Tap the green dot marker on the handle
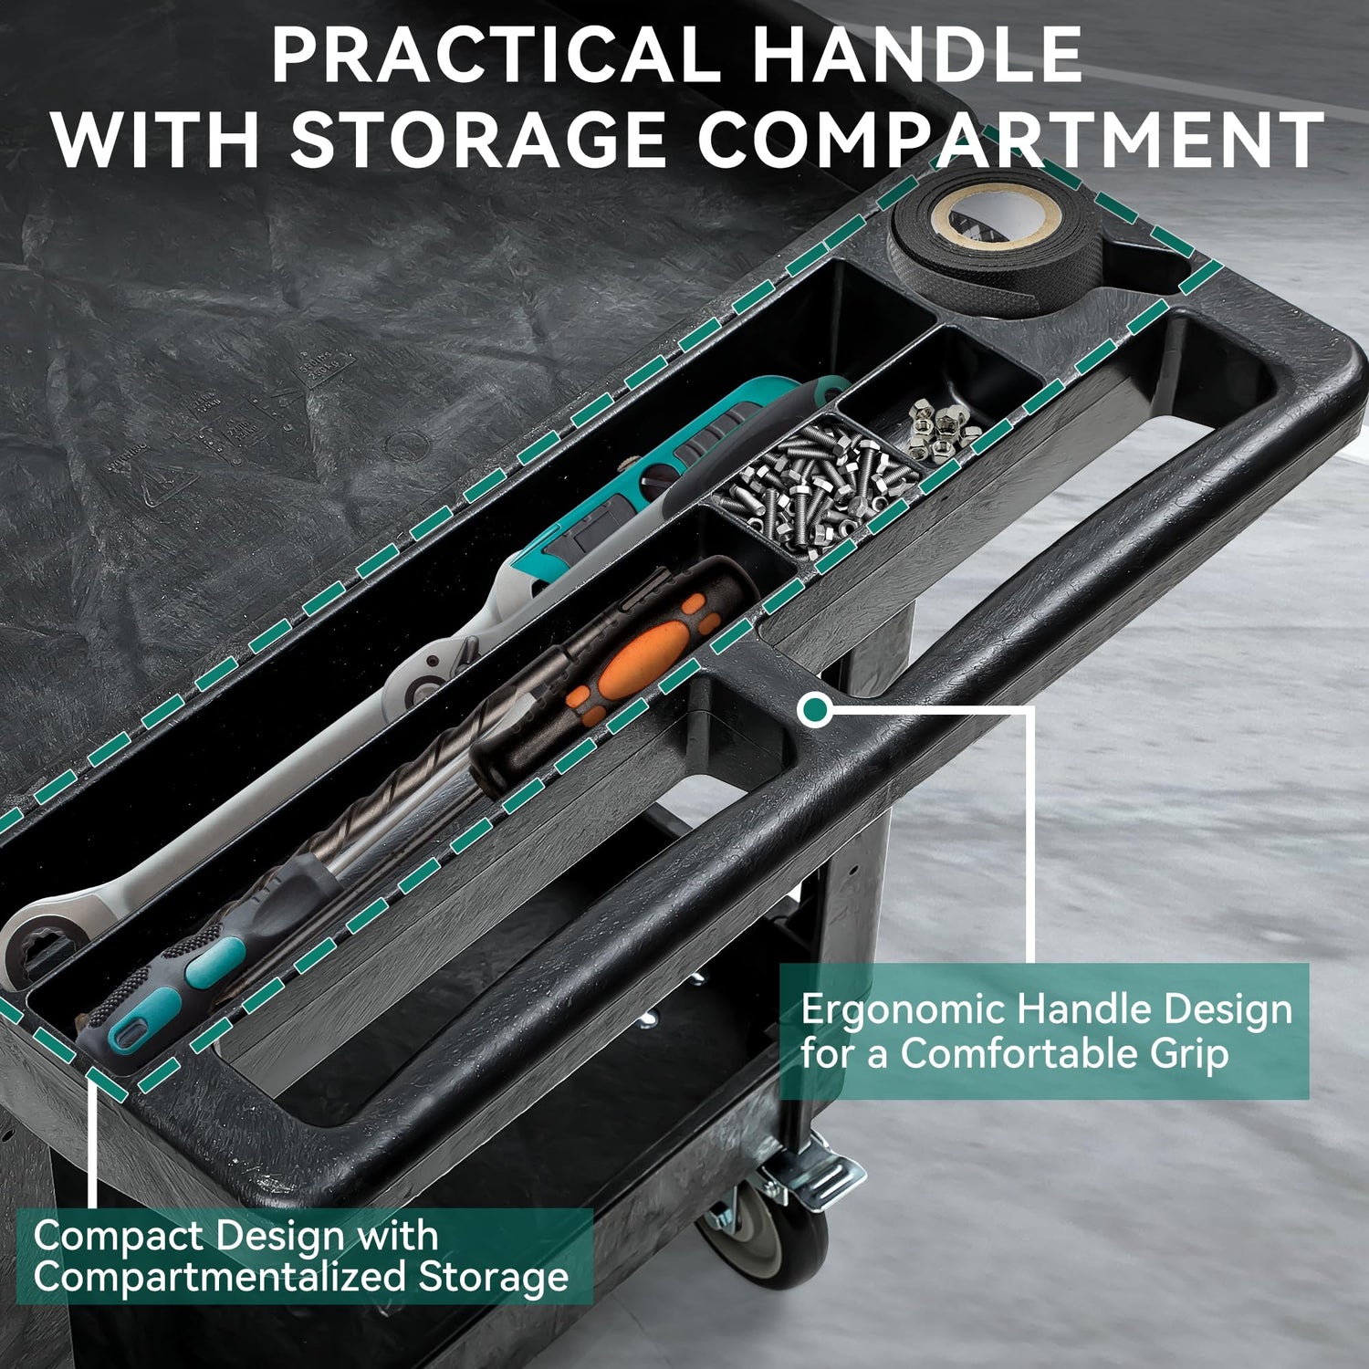tap(815, 709)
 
